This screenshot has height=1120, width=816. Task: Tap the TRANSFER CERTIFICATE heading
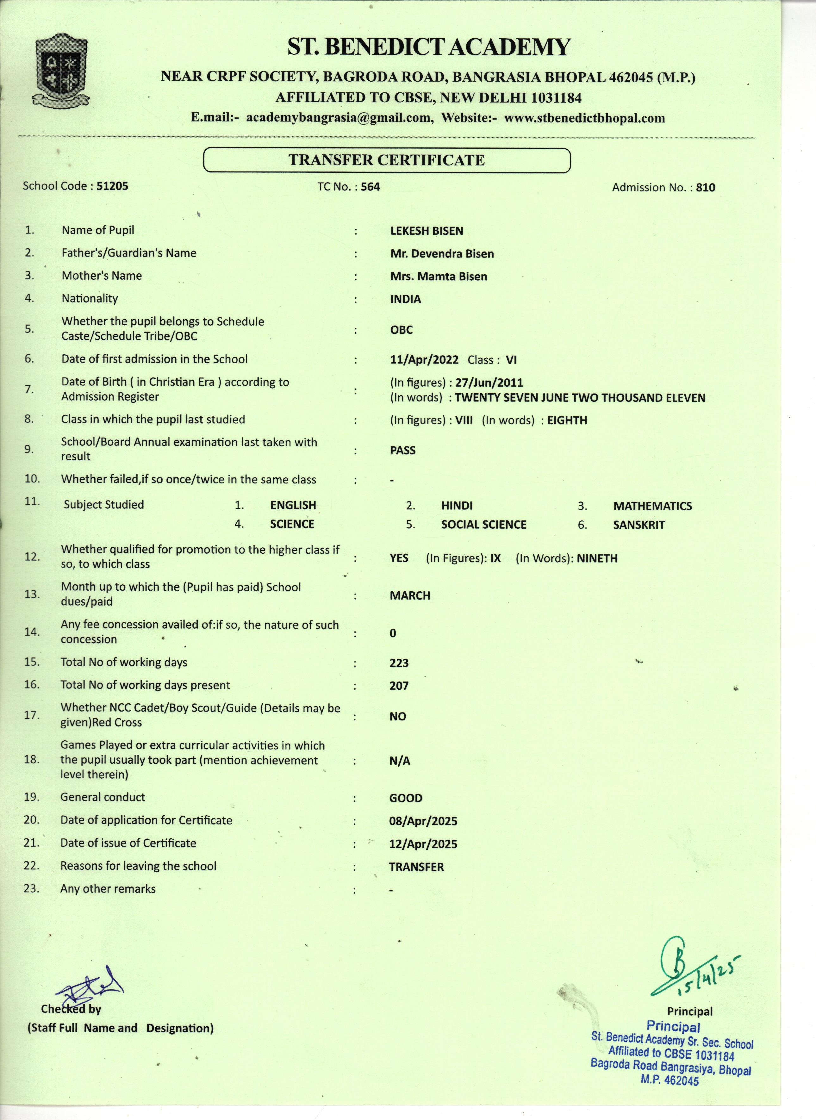386,160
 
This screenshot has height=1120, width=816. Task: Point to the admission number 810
705,188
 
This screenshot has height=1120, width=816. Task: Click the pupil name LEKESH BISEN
426,231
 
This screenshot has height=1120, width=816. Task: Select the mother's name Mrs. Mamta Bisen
438,277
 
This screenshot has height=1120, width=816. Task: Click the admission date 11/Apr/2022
424,360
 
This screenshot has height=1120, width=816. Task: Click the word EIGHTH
567,421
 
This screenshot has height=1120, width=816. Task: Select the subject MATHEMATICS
652,506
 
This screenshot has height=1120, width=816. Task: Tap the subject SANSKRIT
639,525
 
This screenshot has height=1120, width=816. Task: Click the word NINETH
597,558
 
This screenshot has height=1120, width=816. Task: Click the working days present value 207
399,686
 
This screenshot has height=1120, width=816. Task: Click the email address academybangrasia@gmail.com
340,118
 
